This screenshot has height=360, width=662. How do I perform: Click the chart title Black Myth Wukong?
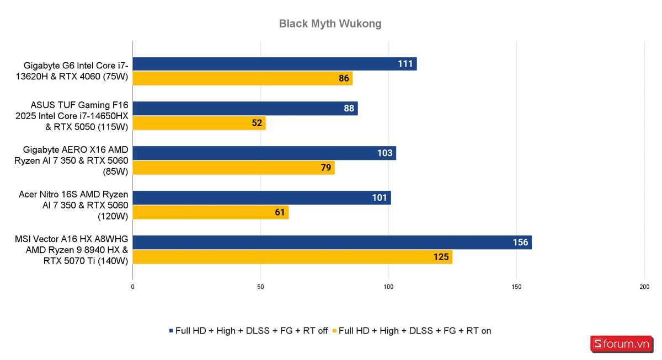tap(330, 24)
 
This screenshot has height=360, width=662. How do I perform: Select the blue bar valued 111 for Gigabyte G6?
tap(274, 64)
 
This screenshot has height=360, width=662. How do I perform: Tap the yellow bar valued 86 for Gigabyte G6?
tap(242, 78)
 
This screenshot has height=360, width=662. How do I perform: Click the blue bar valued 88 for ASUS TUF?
tap(245, 109)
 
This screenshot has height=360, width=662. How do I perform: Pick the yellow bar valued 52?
tap(199, 123)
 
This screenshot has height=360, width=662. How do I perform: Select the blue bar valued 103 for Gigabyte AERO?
tap(264, 153)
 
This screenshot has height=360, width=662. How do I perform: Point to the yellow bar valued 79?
tap(233, 168)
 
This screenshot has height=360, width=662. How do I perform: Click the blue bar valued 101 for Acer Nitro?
tap(261, 197)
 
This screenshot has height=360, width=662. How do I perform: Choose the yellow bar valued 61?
tap(210, 212)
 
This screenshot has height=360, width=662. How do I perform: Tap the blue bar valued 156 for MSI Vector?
tap(332, 242)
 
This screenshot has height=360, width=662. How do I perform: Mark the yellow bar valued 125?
tap(292, 257)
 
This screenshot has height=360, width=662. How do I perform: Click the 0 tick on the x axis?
tap(133, 287)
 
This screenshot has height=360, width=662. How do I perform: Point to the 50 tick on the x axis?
tap(260, 287)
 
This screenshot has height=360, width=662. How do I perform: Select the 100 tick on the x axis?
tap(388, 287)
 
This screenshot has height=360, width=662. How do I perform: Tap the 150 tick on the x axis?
tap(516, 287)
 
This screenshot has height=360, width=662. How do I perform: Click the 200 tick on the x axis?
tap(644, 287)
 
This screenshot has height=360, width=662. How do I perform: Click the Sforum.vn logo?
tap(621, 344)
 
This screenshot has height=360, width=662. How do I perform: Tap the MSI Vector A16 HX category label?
tap(72, 250)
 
